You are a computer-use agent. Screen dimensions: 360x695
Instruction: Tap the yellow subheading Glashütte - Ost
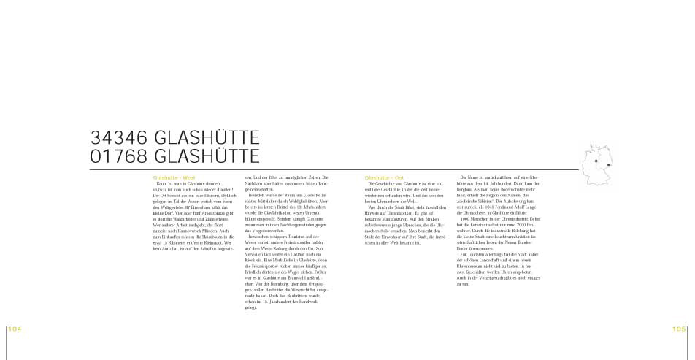[384, 177]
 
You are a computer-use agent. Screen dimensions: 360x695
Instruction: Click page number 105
[680, 329]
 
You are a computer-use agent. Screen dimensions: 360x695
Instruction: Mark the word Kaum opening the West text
[162, 183]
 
